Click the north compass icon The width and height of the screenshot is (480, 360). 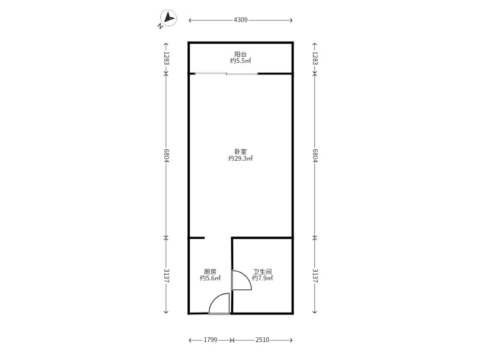pyautogui.click(x=167, y=19)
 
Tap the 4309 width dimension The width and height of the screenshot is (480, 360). pyautogui.click(x=241, y=20)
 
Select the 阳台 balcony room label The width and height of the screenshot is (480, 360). pyautogui.click(x=241, y=54)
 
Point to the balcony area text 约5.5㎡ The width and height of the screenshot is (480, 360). pyautogui.click(x=241, y=61)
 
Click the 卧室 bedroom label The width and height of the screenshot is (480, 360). pyautogui.click(x=241, y=152)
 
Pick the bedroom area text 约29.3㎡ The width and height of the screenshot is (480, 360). pyautogui.click(x=241, y=159)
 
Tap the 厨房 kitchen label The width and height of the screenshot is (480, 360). pyautogui.click(x=210, y=271)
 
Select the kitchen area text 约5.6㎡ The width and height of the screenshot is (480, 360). pyautogui.click(x=210, y=278)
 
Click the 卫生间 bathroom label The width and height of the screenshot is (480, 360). pyautogui.click(x=262, y=271)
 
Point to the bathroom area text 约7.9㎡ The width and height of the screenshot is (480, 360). pyautogui.click(x=262, y=278)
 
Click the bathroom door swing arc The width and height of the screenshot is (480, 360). pyautogui.click(x=242, y=281)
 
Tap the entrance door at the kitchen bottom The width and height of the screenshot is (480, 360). pyautogui.click(x=219, y=304)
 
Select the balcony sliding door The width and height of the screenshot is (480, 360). pyautogui.click(x=226, y=74)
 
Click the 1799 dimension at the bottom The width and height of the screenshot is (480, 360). pyautogui.click(x=210, y=340)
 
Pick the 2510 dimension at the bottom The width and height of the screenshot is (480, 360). pyautogui.click(x=262, y=340)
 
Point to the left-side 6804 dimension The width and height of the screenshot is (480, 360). pyautogui.click(x=166, y=155)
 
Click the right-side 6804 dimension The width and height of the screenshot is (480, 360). pyautogui.click(x=314, y=155)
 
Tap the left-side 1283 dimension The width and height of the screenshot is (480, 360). pyautogui.click(x=166, y=58)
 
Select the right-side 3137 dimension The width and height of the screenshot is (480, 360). pyautogui.click(x=314, y=275)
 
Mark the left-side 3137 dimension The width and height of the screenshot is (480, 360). pyautogui.click(x=166, y=275)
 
